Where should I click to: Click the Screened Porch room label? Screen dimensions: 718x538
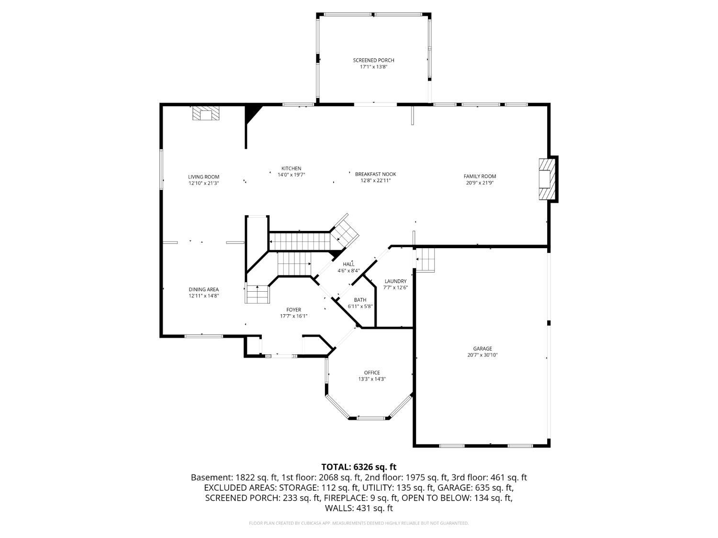(373, 60)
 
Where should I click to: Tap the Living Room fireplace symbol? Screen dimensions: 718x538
(206, 113)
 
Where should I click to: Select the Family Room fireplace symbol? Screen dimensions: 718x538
(547, 179)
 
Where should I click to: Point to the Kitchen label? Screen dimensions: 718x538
(291, 168)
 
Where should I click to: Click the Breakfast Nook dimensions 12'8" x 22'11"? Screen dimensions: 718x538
(375, 181)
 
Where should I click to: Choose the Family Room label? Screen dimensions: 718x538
(480, 176)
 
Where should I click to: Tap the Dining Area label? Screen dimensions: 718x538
(203, 289)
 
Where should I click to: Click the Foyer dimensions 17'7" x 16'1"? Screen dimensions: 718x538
(293, 316)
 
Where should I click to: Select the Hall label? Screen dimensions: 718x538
(348, 264)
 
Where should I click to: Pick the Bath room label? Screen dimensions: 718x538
(360, 300)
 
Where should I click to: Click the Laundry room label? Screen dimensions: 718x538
(395, 281)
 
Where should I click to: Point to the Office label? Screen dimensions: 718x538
(372, 373)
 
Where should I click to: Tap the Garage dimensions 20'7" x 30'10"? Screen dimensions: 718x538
(482, 355)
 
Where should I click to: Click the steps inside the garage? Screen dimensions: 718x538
(425, 260)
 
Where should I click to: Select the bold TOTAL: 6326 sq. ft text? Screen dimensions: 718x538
(359, 467)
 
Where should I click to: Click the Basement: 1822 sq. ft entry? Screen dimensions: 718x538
(235, 478)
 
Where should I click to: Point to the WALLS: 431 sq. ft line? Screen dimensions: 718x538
(359, 508)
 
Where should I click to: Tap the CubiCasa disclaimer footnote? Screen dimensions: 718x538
(359, 523)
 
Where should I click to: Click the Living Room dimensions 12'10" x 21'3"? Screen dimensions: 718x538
(203, 184)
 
